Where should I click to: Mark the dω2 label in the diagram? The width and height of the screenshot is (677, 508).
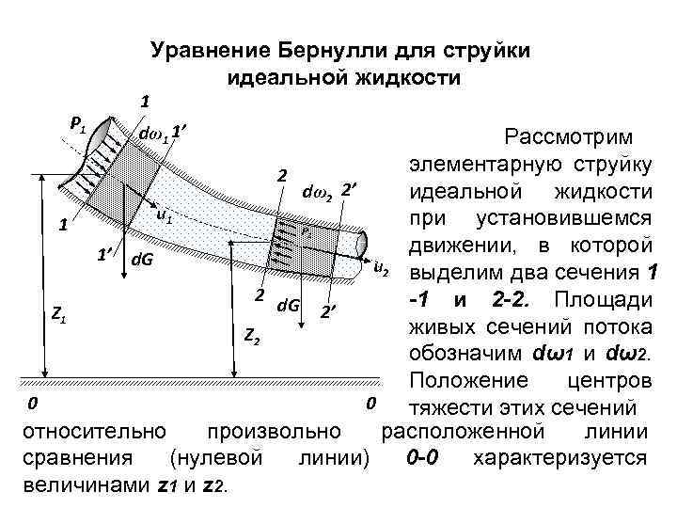pos(316,195)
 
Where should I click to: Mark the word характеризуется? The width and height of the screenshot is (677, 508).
pos(561,459)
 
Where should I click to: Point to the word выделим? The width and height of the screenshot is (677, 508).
pos(449,274)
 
